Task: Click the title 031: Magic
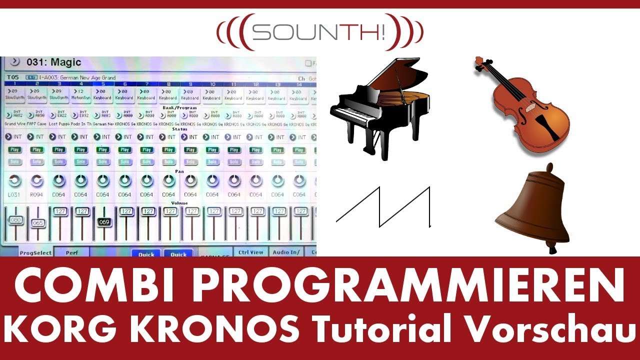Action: [x=54, y=62]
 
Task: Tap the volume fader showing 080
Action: [x=15, y=220]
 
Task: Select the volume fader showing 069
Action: [x=103, y=222]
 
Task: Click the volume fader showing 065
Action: [x=37, y=223]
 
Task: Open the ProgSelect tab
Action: [x=35, y=252]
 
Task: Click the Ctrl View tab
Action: [x=250, y=252]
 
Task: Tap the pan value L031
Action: [x=15, y=194]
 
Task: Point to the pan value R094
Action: [x=37, y=194]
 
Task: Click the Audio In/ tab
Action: [x=286, y=252]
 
